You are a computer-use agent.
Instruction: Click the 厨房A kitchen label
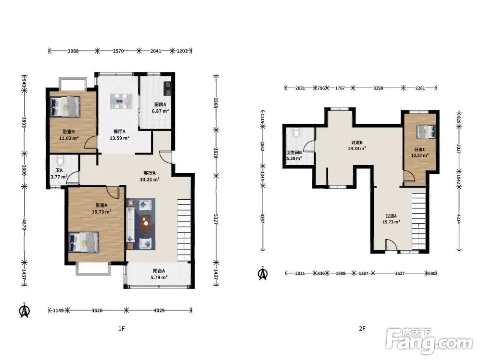160,104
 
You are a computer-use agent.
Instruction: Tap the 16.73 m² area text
101,211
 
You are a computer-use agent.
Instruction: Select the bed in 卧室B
65,106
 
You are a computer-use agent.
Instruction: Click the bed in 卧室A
84,242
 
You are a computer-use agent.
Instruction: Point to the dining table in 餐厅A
121,101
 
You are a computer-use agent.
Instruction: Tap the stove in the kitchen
168,89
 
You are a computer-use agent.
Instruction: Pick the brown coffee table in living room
146,223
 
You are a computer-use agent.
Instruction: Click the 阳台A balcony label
159,271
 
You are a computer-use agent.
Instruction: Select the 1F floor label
122,328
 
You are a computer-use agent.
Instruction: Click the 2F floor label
362,328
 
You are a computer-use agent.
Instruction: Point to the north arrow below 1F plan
25,310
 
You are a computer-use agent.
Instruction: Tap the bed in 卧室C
426,131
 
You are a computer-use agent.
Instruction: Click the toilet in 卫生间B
295,133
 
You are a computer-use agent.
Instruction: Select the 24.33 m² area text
357,148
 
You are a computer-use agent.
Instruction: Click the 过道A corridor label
391,216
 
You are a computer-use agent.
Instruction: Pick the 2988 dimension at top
73,51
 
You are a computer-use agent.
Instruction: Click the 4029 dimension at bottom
159,310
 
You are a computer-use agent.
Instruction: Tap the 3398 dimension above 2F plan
378,88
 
